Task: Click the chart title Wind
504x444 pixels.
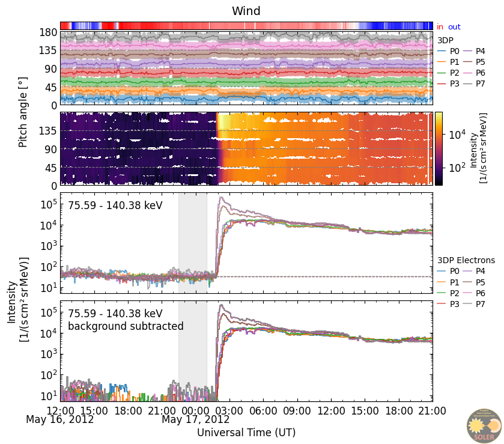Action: [x=246, y=11]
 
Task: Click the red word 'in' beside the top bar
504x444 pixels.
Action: [x=440, y=27]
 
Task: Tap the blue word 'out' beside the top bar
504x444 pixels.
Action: [x=454, y=27]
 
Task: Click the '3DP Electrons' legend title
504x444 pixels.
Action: [x=466, y=260]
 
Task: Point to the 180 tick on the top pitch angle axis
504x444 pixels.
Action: [x=47, y=32]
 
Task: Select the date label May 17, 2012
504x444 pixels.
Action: [x=195, y=419]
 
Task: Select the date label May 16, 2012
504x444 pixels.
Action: [x=59, y=419]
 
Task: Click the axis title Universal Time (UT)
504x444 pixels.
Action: [x=246, y=433]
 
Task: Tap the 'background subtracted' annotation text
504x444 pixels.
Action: [x=126, y=326]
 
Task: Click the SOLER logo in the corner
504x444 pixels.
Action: [x=484, y=426]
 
